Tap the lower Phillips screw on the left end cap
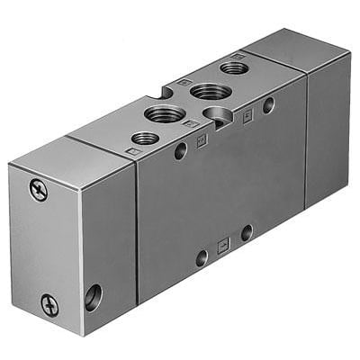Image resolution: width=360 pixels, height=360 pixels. click(x=49, y=305)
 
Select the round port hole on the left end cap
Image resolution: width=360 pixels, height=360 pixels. click(x=93, y=294)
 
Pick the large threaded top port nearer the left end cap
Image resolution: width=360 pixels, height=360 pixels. click(x=166, y=113)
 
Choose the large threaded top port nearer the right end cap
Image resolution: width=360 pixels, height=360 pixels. click(x=209, y=91)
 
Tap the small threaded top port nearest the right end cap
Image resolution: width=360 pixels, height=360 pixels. click(x=234, y=67)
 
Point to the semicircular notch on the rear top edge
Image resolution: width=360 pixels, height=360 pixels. click(x=167, y=90)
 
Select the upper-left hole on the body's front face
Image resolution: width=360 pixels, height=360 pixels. click(x=181, y=150)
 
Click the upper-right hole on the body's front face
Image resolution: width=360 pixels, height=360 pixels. click(x=268, y=105)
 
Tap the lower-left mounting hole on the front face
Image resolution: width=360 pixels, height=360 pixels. click(x=202, y=257)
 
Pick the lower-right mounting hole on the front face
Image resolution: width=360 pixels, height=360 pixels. click(x=246, y=233)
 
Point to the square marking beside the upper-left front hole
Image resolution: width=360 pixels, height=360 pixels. click(x=202, y=140)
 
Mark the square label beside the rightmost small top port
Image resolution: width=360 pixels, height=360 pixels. click(x=236, y=55)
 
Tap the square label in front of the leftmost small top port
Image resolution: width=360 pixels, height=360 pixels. click(x=133, y=152)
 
